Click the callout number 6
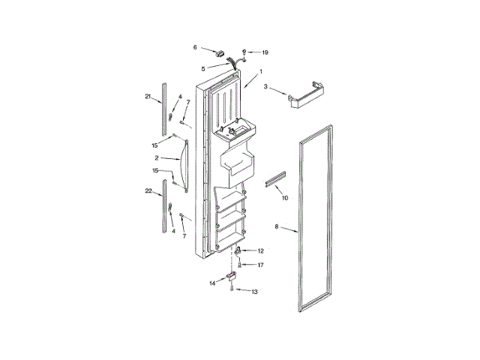coord(196,46)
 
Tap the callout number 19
coord(264,52)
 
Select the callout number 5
coord(202,68)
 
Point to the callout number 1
coord(260,72)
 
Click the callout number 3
coord(265,87)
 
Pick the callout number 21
coord(148,96)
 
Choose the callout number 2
coord(157,158)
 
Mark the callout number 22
coord(148,193)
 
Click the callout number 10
coord(284,198)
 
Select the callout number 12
coord(261,250)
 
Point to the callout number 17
coord(261,264)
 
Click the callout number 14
coord(212,283)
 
